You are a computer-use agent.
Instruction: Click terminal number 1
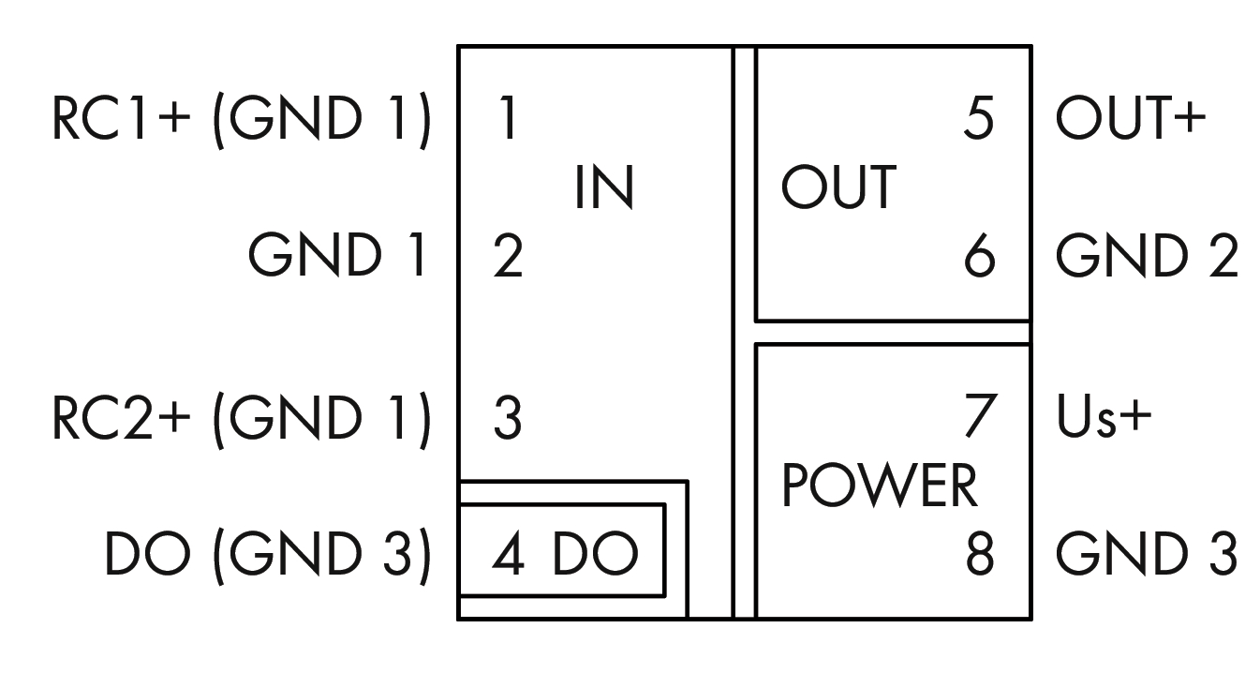click(x=507, y=121)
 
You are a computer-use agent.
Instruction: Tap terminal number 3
click(x=507, y=419)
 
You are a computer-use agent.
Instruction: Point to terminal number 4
click(x=507, y=555)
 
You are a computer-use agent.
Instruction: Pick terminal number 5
click(x=978, y=121)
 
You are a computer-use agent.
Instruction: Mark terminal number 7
click(x=980, y=419)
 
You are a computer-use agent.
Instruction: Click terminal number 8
click(x=979, y=555)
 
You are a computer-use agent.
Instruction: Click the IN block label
click(x=604, y=188)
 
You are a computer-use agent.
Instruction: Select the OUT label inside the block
click(x=838, y=188)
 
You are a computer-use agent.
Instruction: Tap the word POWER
click(x=880, y=487)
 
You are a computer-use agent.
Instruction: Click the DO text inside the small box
click(x=595, y=555)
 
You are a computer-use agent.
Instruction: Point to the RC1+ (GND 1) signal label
click(x=242, y=121)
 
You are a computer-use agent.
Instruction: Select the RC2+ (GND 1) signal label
click(x=242, y=419)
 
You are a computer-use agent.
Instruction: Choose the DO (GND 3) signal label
click(x=268, y=555)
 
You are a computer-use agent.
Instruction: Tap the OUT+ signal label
click(x=1130, y=121)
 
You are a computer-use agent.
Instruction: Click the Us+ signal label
click(x=1103, y=419)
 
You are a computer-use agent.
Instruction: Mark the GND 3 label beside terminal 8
click(x=1147, y=555)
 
